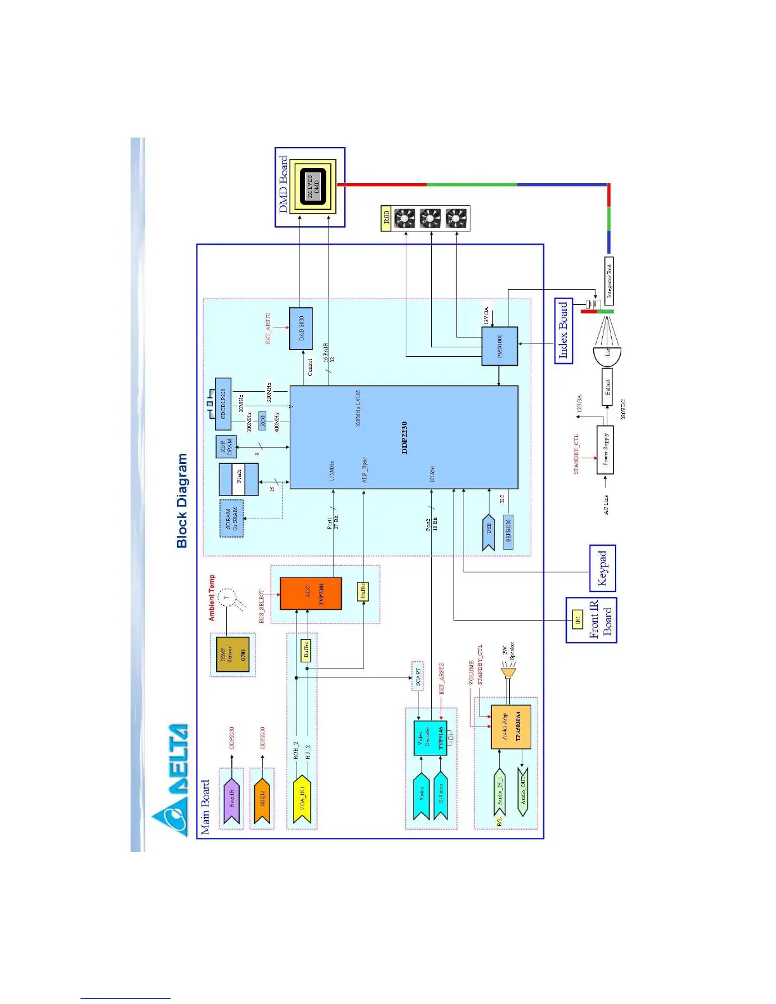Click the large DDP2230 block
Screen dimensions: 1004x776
pyautogui.click(x=404, y=437)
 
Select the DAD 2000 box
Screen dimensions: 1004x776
pyautogui.click(x=301, y=328)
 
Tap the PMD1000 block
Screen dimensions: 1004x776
pyautogui.click(x=500, y=346)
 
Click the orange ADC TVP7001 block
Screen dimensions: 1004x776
pyautogui.click(x=311, y=594)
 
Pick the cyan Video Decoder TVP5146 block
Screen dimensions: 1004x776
pyautogui.click(x=430, y=738)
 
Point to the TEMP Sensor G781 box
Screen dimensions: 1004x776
pyautogui.click(x=233, y=654)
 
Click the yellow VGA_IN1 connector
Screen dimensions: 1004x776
pyautogui.click(x=302, y=799)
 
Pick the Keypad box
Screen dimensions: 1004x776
pyautogui.click(x=602, y=568)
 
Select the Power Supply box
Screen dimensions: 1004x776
pyautogui.click(x=605, y=450)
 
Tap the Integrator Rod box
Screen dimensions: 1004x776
pyautogui.click(x=609, y=280)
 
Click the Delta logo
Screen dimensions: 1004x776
pyautogui.click(x=170, y=780)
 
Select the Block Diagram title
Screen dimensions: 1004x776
pyautogui.click(x=182, y=501)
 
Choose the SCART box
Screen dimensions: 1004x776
pyautogui.click(x=418, y=676)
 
